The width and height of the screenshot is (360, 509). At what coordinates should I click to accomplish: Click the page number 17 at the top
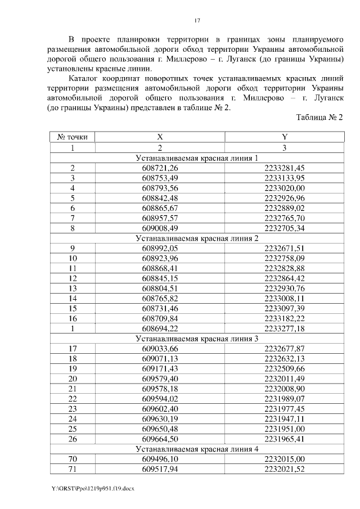[197, 21]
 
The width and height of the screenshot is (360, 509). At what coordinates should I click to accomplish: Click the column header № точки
[73, 137]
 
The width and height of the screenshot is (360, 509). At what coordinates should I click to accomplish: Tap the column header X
[160, 137]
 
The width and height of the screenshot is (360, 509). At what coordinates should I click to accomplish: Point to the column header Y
[284, 137]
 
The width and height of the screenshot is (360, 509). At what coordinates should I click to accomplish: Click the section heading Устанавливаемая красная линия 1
[197, 158]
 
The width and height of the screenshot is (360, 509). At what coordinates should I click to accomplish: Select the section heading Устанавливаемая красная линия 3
[197, 339]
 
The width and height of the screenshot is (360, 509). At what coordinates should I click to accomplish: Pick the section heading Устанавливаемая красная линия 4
[197, 449]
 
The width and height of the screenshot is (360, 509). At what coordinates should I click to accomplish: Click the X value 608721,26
[160, 168]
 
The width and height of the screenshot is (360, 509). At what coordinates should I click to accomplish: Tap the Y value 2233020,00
[284, 188]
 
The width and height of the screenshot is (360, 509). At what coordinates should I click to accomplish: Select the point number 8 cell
[73, 228]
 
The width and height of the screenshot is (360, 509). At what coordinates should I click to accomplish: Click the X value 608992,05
[160, 248]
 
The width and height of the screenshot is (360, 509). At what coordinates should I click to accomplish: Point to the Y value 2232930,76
[284, 289]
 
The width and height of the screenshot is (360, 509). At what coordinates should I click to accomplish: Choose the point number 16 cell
[73, 318]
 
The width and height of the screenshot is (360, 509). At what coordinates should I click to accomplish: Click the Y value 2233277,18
[284, 328]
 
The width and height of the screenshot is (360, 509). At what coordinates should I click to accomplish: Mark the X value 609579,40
[160, 379]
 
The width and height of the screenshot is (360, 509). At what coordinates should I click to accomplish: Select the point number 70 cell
[73, 459]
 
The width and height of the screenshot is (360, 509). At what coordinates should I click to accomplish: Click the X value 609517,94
[160, 469]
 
